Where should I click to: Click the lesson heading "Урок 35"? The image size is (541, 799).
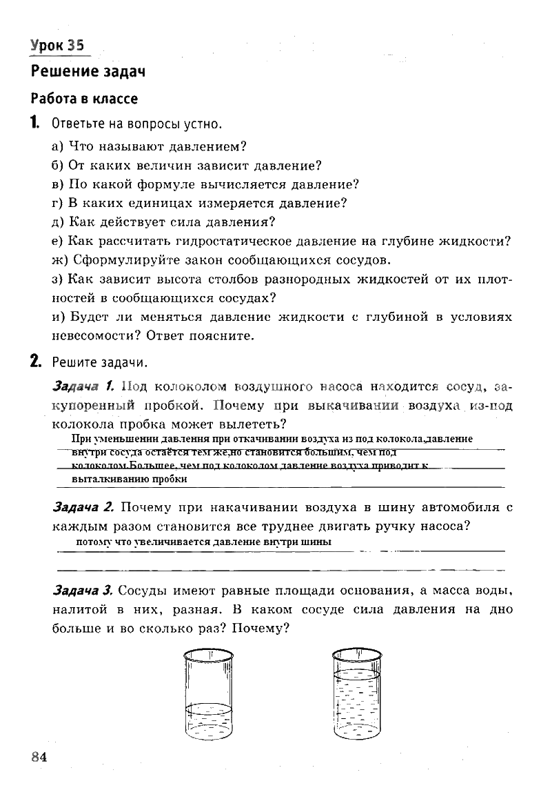pyautogui.click(x=57, y=46)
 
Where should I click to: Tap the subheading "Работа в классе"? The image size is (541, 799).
pyautogui.click(x=84, y=99)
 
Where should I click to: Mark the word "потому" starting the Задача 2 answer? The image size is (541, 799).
pyautogui.click(x=94, y=542)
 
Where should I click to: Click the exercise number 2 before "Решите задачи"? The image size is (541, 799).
pyautogui.click(x=34, y=362)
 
